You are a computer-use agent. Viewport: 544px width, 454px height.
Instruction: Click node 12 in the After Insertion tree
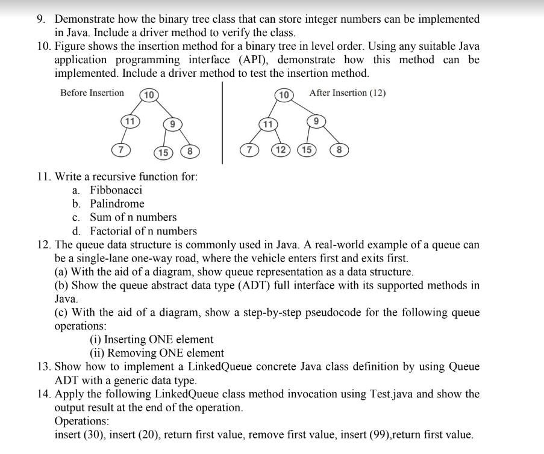coord(280,150)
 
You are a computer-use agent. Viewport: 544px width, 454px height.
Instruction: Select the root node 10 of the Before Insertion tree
coord(149,95)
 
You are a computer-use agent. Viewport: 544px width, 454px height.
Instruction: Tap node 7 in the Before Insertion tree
coord(120,149)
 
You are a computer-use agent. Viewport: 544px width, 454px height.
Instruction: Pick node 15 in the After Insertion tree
coord(305,150)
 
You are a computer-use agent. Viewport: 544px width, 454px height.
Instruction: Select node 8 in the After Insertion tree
coord(340,150)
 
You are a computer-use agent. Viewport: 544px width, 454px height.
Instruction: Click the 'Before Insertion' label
coord(92,93)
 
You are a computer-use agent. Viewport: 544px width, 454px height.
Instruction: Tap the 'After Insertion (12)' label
coord(347,93)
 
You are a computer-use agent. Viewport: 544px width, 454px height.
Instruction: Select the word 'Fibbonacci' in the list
coord(116,190)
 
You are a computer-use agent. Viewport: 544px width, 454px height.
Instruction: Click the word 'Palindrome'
coord(117,203)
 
